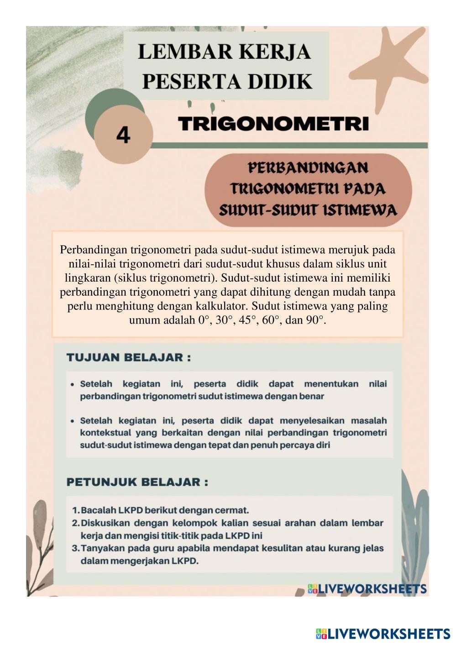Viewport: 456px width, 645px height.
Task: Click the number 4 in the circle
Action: point(123,135)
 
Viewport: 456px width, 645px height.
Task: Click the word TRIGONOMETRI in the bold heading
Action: point(273,124)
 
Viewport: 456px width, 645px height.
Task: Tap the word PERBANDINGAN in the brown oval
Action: point(308,168)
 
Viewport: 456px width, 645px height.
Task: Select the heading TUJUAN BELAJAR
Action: point(129,357)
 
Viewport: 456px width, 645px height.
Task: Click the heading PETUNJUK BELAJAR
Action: point(137,482)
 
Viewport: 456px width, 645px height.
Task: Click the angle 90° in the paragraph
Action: point(316,320)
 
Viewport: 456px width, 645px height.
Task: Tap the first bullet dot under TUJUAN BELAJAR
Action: point(73,384)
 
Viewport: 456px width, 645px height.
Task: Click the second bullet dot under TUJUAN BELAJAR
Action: point(73,421)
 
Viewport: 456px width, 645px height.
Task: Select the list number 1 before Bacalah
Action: point(75,510)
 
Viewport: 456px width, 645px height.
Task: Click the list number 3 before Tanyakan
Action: point(75,548)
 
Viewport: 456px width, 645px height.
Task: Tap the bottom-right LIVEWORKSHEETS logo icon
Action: point(321,634)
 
